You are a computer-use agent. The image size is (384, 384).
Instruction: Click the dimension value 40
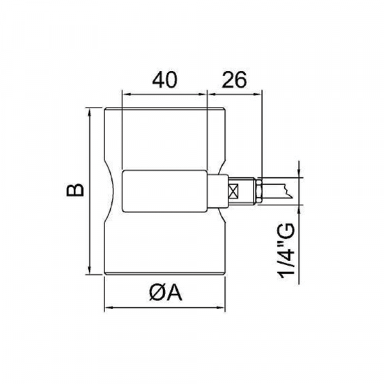[164, 80]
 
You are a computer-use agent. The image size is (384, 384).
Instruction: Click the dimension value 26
[234, 80]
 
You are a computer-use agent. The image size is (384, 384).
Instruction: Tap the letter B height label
[75, 190]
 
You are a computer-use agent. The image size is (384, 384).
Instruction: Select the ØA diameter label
[165, 293]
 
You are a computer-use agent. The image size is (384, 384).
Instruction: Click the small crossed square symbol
[233, 191]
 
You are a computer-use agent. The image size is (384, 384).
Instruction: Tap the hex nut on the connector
[259, 191]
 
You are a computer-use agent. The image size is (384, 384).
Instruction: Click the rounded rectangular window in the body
[164, 191]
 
